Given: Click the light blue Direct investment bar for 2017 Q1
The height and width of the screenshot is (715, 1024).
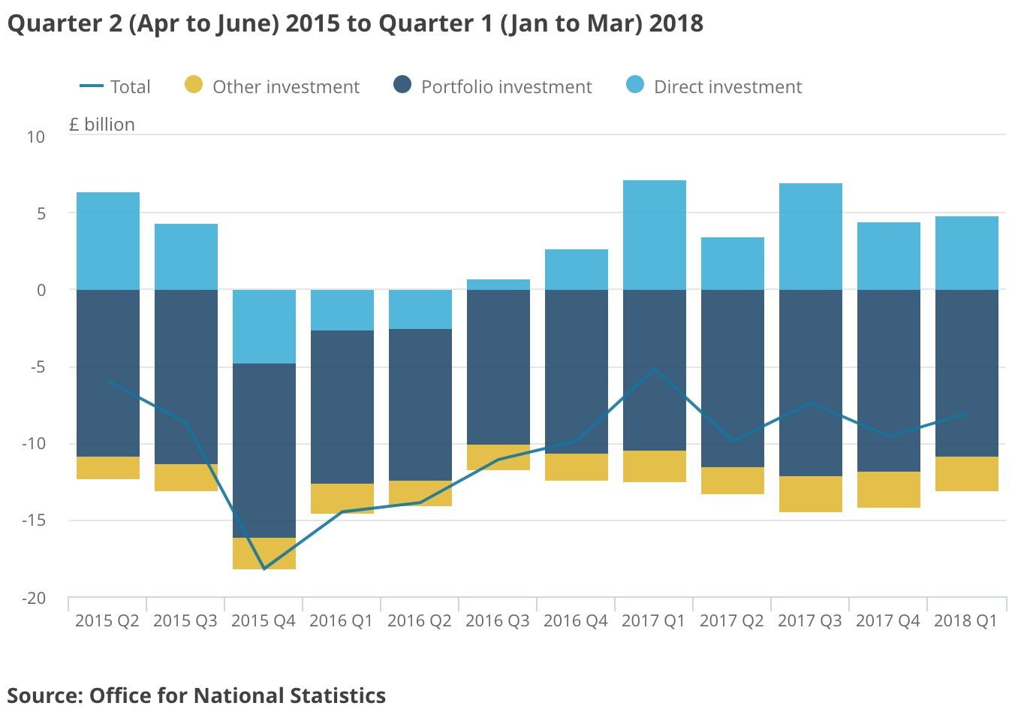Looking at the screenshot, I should coord(654,234).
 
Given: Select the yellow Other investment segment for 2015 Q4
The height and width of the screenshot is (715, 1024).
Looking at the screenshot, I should coord(264,554).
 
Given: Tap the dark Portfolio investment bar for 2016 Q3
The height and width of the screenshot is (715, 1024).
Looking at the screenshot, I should coord(498,367).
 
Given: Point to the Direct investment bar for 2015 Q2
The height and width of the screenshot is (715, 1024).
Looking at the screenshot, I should coord(107,241).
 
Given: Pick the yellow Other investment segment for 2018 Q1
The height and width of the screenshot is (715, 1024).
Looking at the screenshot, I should coord(966,474).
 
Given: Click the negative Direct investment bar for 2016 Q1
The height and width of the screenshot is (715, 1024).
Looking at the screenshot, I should coord(342,310).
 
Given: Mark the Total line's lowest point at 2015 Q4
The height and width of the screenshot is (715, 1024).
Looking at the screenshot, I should coord(264,569).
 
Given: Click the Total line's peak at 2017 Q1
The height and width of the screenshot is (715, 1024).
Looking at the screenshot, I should coord(655,369).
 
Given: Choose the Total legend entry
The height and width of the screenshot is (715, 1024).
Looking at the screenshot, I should coord(115,86).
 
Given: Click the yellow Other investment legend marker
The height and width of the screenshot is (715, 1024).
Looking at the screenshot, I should coord(194,85).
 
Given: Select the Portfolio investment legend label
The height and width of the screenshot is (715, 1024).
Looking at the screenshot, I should coord(506,86).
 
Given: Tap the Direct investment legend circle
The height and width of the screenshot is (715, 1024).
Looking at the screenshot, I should coord(635,85).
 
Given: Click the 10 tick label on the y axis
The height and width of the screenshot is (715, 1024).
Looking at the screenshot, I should coord(36,137).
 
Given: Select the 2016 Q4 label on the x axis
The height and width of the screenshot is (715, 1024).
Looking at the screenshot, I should coord(575,621).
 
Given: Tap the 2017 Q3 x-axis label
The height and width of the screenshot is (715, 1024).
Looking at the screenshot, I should coord(809,621).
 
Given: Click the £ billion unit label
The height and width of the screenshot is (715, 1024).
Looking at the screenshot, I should coord(102,125).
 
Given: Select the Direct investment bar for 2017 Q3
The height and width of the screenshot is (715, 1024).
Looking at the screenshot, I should coord(810,237).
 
